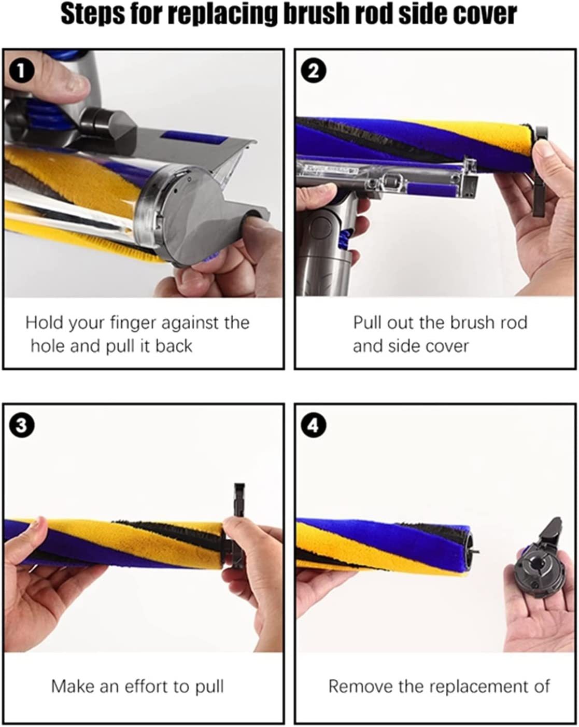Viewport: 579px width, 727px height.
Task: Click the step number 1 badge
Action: pyautogui.click(x=22, y=72)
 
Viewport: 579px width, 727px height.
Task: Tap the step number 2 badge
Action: pyautogui.click(x=314, y=72)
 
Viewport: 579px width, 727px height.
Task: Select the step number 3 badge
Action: pyautogui.click(x=22, y=426)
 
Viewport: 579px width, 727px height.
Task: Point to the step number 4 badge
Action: pyautogui.click(x=314, y=426)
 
